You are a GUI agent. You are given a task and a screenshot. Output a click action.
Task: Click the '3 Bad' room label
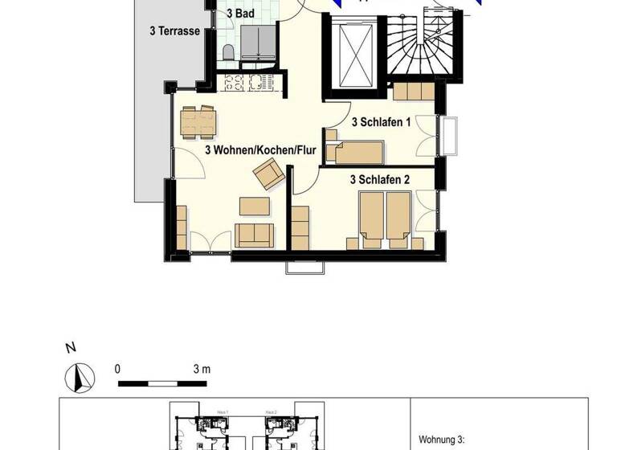coord(240,14)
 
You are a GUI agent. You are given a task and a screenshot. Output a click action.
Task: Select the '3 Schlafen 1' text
coord(382,122)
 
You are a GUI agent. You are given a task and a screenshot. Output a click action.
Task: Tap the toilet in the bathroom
coord(228,52)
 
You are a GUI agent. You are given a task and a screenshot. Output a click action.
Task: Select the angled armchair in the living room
coord(268,174)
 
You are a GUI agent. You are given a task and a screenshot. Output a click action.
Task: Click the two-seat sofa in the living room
coord(254,235)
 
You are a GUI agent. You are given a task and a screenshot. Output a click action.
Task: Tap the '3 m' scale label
coord(202,369)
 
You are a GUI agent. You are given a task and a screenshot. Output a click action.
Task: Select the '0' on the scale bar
coord(117,369)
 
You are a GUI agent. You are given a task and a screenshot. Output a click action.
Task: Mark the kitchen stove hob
coord(234,81)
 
